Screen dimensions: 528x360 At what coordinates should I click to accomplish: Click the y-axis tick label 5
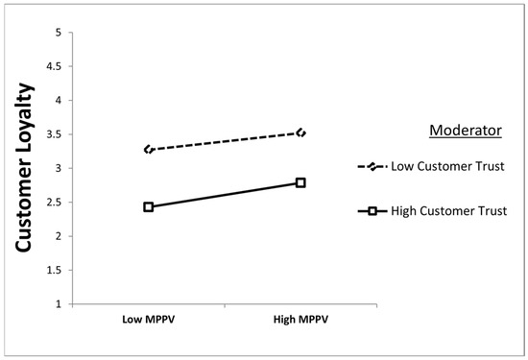[59, 33]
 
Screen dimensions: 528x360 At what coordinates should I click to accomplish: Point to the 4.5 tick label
[55, 66]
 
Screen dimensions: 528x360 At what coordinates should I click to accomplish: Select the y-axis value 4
[59, 101]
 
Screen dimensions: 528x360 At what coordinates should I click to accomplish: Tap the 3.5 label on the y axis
[55, 134]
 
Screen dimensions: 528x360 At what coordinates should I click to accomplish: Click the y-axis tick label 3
[59, 168]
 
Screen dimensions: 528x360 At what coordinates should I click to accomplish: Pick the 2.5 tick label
[55, 202]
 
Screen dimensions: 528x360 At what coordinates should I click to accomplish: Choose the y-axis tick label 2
[59, 236]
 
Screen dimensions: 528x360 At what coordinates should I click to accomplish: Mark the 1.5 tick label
[55, 270]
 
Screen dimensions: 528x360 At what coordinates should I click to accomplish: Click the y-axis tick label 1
[59, 304]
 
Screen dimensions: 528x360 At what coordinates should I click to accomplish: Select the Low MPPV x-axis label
[149, 320]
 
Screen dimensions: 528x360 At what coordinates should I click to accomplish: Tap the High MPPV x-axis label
[300, 320]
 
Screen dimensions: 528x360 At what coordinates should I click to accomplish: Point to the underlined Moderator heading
[466, 131]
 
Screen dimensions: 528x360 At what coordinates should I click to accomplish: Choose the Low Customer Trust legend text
[447, 166]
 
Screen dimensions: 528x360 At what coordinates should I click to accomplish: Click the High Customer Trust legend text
[449, 211]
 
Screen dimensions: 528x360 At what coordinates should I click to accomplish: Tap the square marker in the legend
[372, 211]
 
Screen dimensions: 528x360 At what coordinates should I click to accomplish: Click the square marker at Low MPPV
[149, 206]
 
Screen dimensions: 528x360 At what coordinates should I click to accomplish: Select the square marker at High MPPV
[300, 182]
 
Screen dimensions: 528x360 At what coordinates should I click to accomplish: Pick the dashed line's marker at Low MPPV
[149, 150]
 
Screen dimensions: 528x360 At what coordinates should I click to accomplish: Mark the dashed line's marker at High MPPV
[301, 133]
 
